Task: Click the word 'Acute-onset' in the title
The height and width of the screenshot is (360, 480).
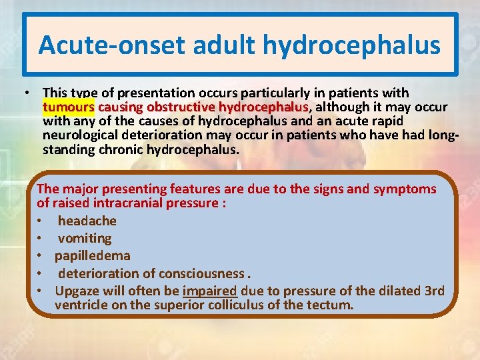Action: (x=110, y=45)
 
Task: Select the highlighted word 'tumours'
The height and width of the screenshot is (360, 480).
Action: (x=69, y=107)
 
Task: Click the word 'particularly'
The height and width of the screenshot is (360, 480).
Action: (x=269, y=93)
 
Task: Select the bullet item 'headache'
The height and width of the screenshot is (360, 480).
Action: (x=87, y=221)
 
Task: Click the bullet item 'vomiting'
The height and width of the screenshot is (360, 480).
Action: (x=85, y=238)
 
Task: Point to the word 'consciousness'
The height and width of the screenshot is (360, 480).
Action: (x=202, y=273)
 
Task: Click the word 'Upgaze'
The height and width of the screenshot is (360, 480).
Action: (x=77, y=291)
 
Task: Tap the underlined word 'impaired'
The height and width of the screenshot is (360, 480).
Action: (x=210, y=291)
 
